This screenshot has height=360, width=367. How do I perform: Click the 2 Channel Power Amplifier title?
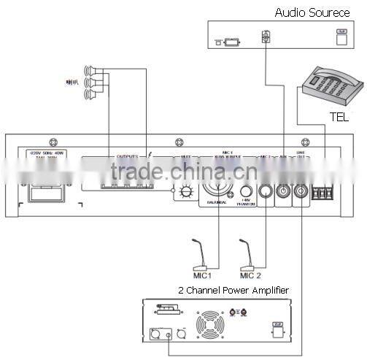(233, 291)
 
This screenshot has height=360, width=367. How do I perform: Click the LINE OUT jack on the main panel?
(301, 194)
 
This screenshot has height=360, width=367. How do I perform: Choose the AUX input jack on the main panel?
(284, 194)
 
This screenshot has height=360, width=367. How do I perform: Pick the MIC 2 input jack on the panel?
(265, 194)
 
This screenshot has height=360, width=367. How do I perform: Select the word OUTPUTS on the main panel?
(127, 155)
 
